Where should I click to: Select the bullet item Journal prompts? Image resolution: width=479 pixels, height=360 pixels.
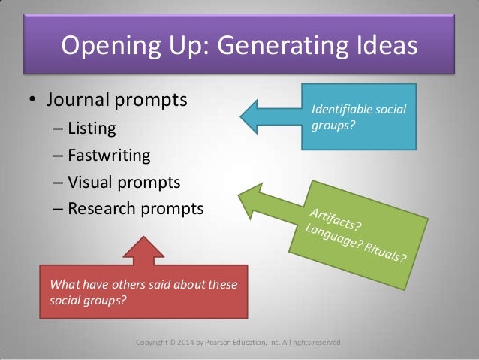(117, 99)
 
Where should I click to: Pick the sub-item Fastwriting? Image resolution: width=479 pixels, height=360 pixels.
(109, 156)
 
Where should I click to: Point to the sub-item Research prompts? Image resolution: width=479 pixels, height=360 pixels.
(135, 208)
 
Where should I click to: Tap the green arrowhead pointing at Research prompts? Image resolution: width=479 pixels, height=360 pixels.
(252, 200)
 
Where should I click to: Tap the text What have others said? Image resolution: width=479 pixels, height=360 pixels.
(108, 285)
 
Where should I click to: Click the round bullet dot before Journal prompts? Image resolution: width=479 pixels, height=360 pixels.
(32, 100)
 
